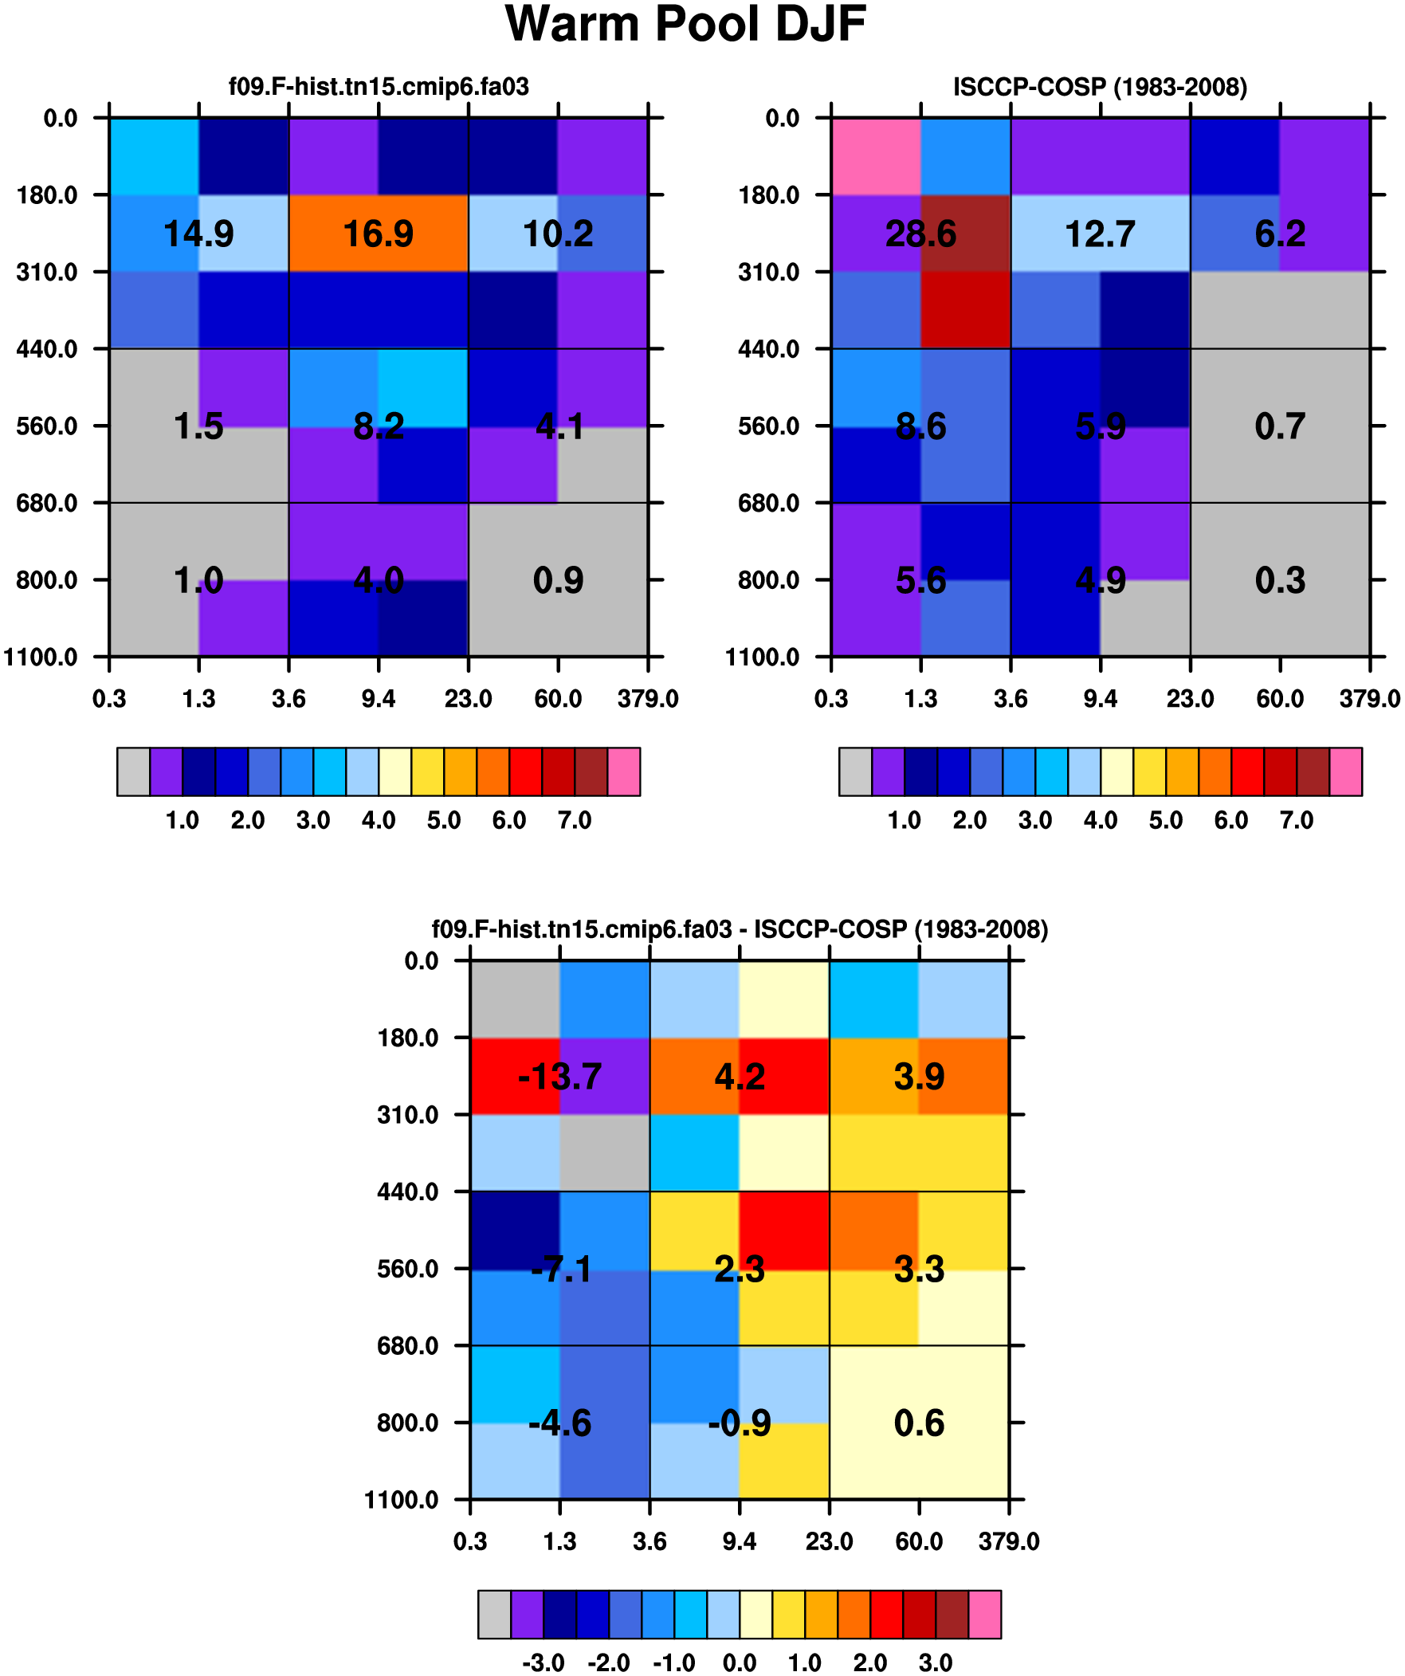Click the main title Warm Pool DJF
click(685, 24)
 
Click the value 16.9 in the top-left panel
click(379, 234)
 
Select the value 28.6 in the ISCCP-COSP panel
click(920, 234)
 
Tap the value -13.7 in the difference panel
click(559, 1077)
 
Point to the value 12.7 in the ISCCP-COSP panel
click(1100, 234)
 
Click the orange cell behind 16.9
click(379, 233)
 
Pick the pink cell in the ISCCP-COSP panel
click(876, 156)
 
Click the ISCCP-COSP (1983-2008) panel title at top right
click(1100, 87)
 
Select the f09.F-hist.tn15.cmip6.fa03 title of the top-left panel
click(379, 86)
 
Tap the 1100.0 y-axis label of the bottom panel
click(402, 1501)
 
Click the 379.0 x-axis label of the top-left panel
click(648, 700)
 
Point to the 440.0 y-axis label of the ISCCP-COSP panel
click(769, 350)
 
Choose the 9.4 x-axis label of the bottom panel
click(740, 1542)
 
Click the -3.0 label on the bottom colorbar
click(544, 1664)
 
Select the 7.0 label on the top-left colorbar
click(575, 821)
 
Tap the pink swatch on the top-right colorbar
click(1346, 771)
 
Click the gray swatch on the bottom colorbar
click(495, 1615)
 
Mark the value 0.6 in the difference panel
click(919, 1424)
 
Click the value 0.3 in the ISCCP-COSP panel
click(1280, 580)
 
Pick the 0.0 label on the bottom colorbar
click(740, 1664)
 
